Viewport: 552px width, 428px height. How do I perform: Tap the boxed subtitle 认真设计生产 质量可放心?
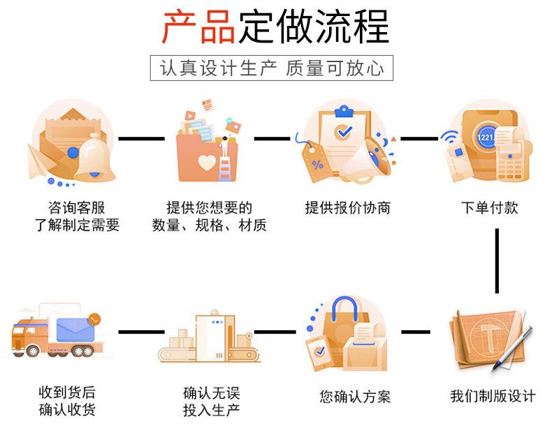(272, 68)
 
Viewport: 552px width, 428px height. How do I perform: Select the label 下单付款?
(490, 207)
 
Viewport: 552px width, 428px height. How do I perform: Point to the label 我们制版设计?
(493, 396)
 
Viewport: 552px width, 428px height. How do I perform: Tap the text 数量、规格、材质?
(209, 226)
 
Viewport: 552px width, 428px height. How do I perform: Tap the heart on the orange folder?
(208, 163)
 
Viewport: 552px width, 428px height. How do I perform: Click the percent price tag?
(317, 163)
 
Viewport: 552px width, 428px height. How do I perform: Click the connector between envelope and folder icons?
(141, 138)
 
